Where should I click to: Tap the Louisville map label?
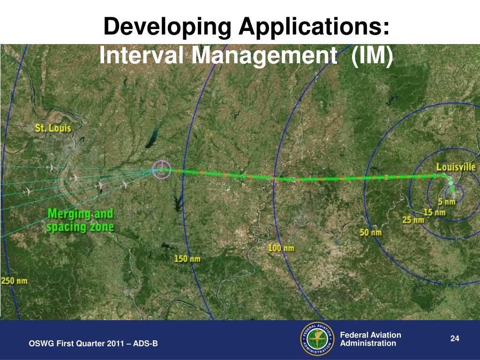(456, 167)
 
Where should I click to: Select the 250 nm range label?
(14, 281)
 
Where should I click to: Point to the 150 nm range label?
(187, 259)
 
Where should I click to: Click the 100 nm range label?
(281, 247)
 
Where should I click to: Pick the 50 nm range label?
(370, 232)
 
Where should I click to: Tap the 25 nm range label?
(412, 220)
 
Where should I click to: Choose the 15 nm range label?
(434, 212)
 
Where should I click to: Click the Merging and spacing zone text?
(80, 221)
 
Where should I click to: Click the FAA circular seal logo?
(316, 339)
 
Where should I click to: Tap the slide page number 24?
(454, 339)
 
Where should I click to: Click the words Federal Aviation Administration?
(370, 339)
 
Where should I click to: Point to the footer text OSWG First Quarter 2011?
(93, 344)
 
